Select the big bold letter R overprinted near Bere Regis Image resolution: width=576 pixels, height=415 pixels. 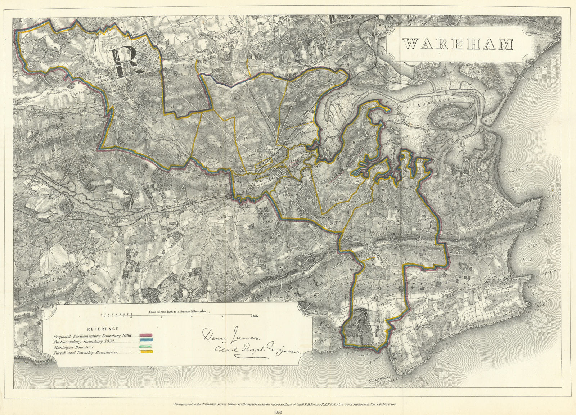coord(124,62)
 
